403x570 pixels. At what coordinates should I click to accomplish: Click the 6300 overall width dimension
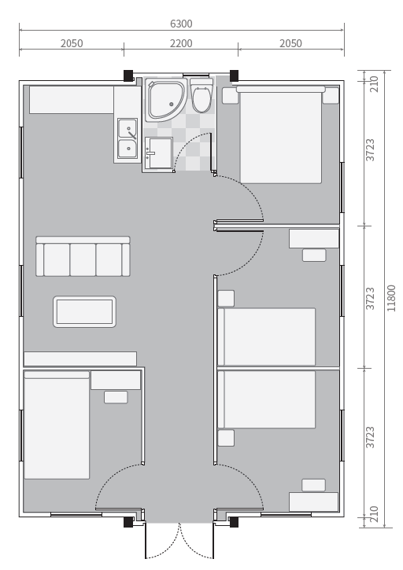click(x=181, y=24)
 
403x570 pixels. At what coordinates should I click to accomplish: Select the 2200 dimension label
click(x=181, y=43)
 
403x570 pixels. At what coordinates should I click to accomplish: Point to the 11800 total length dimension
click(x=391, y=298)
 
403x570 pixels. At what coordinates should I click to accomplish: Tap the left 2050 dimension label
click(x=72, y=43)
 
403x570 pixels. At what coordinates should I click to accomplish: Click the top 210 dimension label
click(x=374, y=84)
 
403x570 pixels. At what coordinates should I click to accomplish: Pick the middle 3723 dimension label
click(x=370, y=299)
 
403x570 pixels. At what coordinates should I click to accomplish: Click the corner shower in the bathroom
click(x=165, y=100)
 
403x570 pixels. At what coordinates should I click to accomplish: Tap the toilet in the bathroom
click(x=201, y=96)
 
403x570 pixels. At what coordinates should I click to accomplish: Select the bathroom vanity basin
click(x=159, y=153)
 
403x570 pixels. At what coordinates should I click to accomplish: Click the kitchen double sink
click(x=128, y=139)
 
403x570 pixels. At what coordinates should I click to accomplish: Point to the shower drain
click(x=171, y=105)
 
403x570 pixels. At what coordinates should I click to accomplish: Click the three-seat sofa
click(x=83, y=256)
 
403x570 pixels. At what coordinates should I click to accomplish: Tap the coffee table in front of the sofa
click(x=84, y=311)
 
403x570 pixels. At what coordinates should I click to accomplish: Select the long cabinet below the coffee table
click(x=80, y=359)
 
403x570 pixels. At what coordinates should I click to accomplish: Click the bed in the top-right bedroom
click(x=281, y=135)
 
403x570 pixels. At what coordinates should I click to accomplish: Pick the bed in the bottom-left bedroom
click(x=57, y=425)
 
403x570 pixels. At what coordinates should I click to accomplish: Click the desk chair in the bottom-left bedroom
click(x=116, y=397)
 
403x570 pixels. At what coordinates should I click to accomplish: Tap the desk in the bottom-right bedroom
click(x=314, y=502)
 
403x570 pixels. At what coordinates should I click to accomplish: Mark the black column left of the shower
click(x=128, y=75)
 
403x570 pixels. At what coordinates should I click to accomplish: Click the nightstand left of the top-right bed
click(x=230, y=96)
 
